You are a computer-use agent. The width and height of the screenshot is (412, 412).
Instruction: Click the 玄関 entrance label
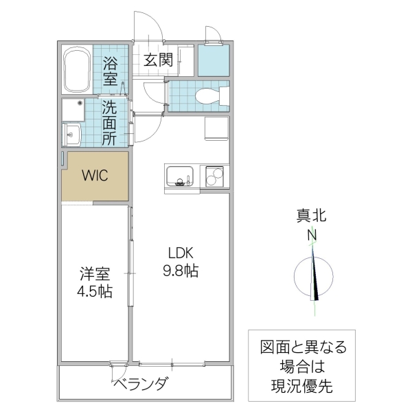[157, 60]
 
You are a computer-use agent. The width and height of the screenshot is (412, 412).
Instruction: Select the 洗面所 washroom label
[110, 122]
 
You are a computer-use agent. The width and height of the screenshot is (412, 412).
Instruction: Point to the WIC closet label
[95, 175]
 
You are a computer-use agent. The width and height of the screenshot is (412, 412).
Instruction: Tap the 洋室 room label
[95, 273]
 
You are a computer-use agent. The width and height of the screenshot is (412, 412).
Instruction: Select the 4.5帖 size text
[95, 292]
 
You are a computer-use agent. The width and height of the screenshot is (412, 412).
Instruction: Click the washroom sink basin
[72, 134]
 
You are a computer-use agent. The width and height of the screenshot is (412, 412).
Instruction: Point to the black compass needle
[316, 278]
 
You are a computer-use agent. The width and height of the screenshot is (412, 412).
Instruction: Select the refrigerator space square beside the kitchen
[216, 129]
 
